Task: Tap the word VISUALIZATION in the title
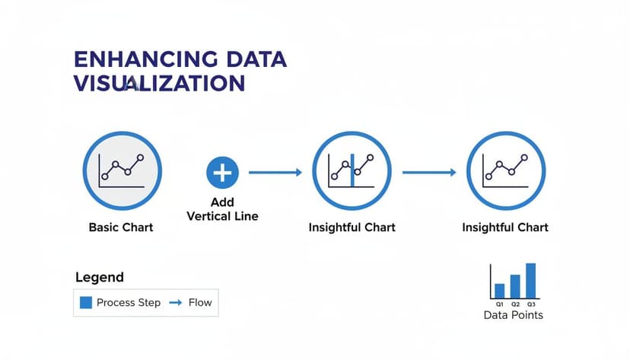coord(159,83)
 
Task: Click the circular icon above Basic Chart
coord(122,172)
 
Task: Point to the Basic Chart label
coord(121,227)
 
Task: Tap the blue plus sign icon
coord(222,173)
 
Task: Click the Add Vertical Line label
coord(222,209)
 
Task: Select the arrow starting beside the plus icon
coord(275,173)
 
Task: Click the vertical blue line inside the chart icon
coord(352,170)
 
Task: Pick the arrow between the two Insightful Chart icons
coord(428,173)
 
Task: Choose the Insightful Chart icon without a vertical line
coord(505,172)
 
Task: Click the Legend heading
coord(100,278)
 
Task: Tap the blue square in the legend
coord(86,302)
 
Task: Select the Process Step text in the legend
coord(129,302)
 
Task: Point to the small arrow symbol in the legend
coord(175,302)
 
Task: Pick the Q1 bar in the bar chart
coord(500,291)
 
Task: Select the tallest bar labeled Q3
coord(530,281)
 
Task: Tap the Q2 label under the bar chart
coord(515,304)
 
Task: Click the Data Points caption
coord(514,314)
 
